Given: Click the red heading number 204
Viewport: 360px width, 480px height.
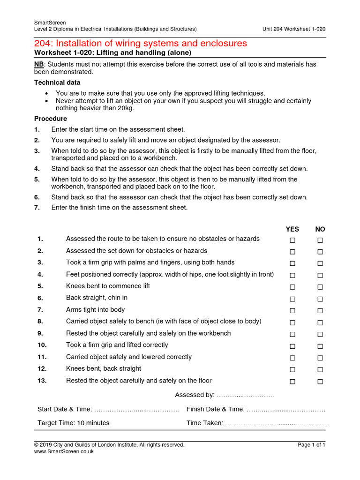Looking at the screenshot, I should (44, 44).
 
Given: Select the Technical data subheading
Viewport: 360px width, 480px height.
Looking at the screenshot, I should (54, 82).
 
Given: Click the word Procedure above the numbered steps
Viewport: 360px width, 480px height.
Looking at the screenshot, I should (51, 119).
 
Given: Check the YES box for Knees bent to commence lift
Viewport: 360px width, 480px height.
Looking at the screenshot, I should (292, 287).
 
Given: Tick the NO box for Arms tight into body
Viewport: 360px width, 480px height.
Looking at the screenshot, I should (320, 311).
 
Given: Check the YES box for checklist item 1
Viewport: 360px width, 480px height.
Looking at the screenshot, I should (292, 240).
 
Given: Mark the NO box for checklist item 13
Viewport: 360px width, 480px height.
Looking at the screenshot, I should (320, 382).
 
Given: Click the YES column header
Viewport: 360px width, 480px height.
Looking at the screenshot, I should (292, 229).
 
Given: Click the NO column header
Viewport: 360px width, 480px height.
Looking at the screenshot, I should (320, 229).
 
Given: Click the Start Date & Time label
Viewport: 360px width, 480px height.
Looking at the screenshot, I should (65, 409).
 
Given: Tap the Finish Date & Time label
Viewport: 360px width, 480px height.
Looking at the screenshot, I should (215, 409).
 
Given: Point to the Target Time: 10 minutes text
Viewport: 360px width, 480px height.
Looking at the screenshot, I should (74, 423).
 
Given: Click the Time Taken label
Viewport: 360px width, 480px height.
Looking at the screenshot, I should (205, 423).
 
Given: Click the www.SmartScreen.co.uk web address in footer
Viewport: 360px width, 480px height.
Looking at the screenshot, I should (64, 451).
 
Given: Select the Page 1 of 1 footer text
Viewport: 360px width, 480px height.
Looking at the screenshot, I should (311, 445).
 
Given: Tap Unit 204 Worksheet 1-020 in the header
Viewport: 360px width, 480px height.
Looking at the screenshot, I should (294, 29).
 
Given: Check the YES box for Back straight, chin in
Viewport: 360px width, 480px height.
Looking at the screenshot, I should (292, 299).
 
